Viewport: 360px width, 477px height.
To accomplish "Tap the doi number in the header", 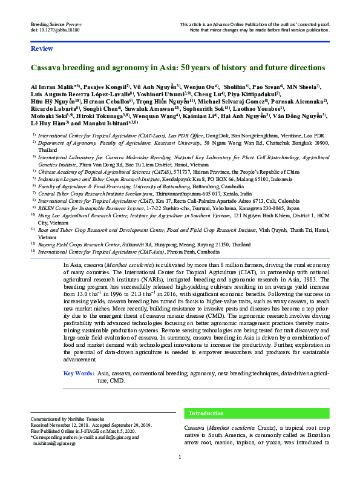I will click(58, 29).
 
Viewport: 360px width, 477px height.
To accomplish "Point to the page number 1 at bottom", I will click(180, 458).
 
